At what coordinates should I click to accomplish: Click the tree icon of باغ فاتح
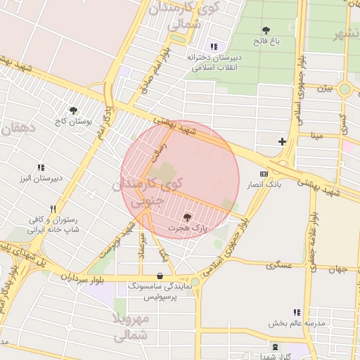pyautogui.click(x=266, y=30)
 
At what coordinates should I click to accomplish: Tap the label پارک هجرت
pyautogui.click(x=188, y=229)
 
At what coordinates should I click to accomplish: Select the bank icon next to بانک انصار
pyautogui.click(x=264, y=174)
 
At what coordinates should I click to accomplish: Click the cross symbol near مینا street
pyautogui.click(x=282, y=141)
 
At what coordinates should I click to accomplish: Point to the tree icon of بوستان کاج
pyautogui.click(x=73, y=110)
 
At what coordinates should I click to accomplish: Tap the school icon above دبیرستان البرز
pyautogui.click(x=40, y=167)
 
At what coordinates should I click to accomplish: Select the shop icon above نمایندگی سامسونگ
pyautogui.click(x=161, y=276)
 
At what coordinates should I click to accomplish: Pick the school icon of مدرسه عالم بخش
pyautogui.click(x=296, y=312)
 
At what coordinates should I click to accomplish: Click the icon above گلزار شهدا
pyautogui.click(x=275, y=347)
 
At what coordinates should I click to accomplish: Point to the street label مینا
pyautogui.click(x=318, y=134)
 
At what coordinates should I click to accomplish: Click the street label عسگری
pyautogui.click(x=279, y=265)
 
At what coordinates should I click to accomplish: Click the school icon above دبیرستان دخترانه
pyautogui.click(x=214, y=46)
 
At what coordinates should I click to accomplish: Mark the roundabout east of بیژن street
pyautogui.click(x=344, y=89)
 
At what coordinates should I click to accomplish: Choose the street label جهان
pyautogui.click(x=341, y=269)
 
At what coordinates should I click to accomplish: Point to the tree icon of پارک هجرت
pyautogui.click(x=187, y=217)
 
